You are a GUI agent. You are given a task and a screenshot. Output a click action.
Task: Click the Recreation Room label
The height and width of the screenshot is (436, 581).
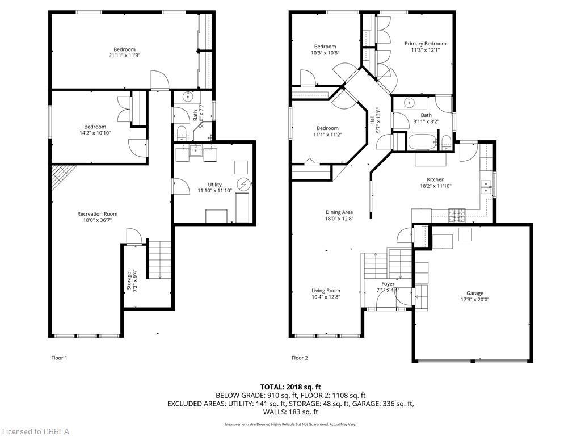tap(97, 214)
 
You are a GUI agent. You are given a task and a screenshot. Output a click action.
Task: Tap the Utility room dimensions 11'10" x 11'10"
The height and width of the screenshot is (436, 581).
tap(214, 191)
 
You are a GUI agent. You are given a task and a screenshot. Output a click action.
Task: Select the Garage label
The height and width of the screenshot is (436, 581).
tap(474, 294)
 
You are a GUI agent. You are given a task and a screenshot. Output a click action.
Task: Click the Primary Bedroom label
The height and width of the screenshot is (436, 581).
tap(425, 44)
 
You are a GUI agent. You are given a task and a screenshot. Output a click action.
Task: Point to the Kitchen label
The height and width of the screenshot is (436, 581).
tap(436, 179)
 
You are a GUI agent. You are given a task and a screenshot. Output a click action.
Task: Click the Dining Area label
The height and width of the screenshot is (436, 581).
tap(339, 212)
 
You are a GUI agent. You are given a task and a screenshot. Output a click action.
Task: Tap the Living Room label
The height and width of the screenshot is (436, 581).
tap(326, 291)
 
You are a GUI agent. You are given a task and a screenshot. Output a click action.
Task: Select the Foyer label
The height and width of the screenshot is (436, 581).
tap(388, 283)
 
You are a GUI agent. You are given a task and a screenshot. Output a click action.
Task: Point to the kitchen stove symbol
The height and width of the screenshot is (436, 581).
tap(457, 215)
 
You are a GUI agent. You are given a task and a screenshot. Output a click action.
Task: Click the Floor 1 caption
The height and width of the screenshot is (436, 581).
tap(59, 358)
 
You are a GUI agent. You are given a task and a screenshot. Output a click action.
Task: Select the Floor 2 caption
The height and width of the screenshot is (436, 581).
tap(300, 358)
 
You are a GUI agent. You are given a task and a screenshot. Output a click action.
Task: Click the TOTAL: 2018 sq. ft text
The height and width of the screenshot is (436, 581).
tap(290, 387)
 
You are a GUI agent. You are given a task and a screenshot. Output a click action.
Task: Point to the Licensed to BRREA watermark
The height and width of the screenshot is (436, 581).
tap(35, 431)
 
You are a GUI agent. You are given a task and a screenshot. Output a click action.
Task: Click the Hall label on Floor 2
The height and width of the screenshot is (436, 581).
tap(372, 120)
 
